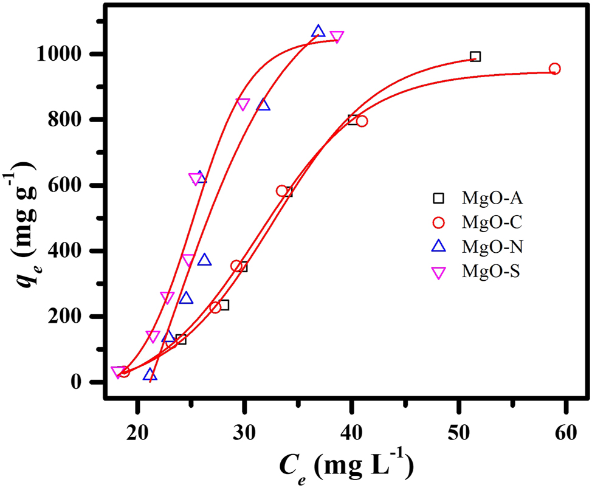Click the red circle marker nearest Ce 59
pos(554,69)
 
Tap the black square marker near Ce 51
pos(475,57)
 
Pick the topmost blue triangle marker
pos(318,32)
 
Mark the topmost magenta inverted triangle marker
pos(337,37)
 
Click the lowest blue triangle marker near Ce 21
pos(150,375)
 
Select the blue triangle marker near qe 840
pos(263,105)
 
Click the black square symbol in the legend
pos(438,198)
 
